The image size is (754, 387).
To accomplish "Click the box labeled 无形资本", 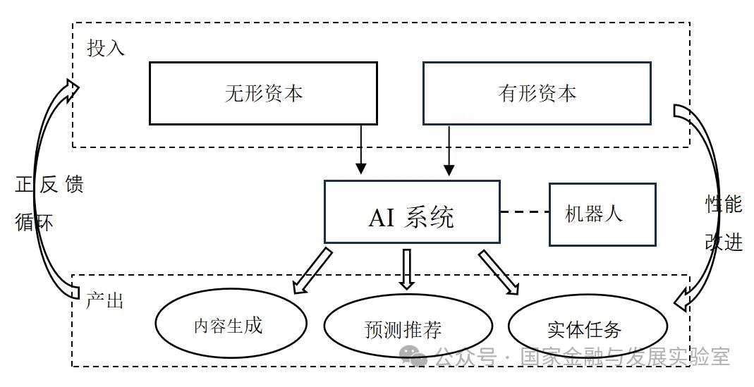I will pyautogui.click(x=263, y=93).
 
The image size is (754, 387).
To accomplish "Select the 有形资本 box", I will pyautogui.click(x=536, y=93).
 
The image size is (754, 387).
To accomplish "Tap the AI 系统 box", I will pyautogui.click(x=411, y=212).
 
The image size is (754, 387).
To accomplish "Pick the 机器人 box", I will pyautogui.click(x=602, y=214).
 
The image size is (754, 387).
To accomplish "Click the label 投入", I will pyautogui.click(x=106, y=48).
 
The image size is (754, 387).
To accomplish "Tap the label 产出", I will pyautogui.click(x=104, y=301).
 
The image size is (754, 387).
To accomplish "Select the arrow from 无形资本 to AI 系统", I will pyautogui.click(x=361, y=149).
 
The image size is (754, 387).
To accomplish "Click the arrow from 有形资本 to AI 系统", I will pyautogui.click(x=449, y=149).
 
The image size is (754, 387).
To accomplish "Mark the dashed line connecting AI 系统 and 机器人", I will pyautogui.click(x=524, y=211).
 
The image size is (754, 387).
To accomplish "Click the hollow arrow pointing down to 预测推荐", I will pyautogui.click(x=406, y=269).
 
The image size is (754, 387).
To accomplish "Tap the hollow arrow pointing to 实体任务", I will pyautogui.click(x=499, y=271).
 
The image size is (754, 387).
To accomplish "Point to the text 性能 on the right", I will pyautogui.click(x=724, y=204).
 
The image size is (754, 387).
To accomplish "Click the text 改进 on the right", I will pyautogui.click(x=724, y=242).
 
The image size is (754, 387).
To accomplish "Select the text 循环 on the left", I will pyautogui.click(x=34, y=222).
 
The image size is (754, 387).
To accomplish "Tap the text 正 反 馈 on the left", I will pyautogui.click(x=49, y=185).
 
